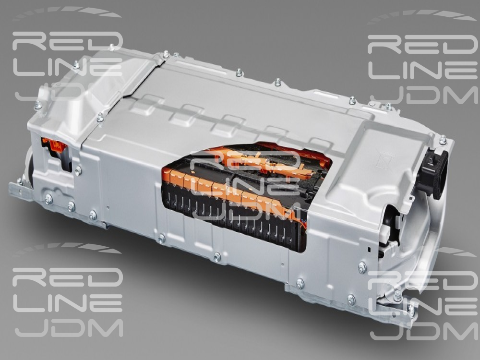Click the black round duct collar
(435, 173)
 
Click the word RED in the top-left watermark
(67, 41)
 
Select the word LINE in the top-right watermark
(422, 70)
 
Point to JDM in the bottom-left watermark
(69, 328)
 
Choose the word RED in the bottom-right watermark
(423, 281)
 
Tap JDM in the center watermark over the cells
(242, 211)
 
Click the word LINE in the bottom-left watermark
(67, 303)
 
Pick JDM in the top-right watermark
(424, 96)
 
